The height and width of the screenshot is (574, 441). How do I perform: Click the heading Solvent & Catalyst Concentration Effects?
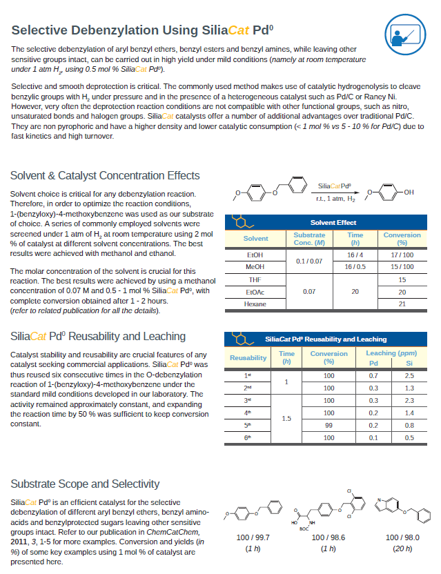click(105, 175)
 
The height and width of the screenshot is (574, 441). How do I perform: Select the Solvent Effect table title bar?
click(333, 222)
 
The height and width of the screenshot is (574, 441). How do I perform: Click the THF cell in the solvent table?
click(255, 279)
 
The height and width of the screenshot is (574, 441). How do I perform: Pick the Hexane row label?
click(255, 304)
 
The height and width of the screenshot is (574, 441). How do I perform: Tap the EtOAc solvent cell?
click(255, 292)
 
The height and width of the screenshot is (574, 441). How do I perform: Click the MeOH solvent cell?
click(255, 266)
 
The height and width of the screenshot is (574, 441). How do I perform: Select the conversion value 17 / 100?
click(402, 255)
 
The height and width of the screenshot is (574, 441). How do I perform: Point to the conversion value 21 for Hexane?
click(402, 304)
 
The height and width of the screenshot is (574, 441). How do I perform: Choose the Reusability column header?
click(248, 357)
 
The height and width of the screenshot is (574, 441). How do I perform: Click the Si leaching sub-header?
click(409, 363)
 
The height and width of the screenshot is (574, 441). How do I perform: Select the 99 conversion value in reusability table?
click(329, 425)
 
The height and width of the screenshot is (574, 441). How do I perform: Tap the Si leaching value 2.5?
click(409, 375)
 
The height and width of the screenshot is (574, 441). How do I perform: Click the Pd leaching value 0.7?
click(373, 375)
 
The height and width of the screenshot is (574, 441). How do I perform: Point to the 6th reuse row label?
click(248, 437)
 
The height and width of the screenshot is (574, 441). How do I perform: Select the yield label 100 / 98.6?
click(328, 537)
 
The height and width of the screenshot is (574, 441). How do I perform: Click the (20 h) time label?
click(402, 548)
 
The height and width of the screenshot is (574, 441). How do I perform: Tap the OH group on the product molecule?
click(409, 192)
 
